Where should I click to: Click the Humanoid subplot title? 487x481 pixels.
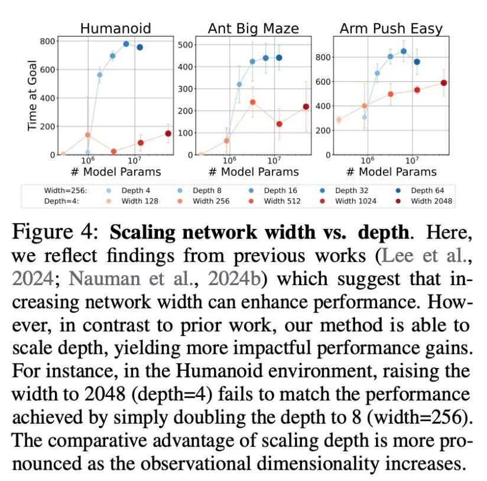click(x=115, y=28)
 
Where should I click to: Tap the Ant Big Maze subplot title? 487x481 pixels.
click(x=253, y=28)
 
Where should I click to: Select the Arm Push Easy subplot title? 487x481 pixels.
click(x=390, y=28)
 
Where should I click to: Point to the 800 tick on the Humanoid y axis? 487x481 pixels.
click(x=48, y=41)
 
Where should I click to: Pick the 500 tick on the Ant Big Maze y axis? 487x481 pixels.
click(x=186, y=45)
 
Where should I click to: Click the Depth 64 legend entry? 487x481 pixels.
click(x=426, y=191)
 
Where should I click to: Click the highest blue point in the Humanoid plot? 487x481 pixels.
click(x=126, y=44)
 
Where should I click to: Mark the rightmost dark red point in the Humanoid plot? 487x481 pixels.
click(x=168, y=134)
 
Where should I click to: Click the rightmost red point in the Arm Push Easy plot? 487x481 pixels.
click(x=443, y=83)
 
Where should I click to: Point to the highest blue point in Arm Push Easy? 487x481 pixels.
click(x=404, y=51)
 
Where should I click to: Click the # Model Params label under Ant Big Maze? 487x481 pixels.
click(x=253, y=172)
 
